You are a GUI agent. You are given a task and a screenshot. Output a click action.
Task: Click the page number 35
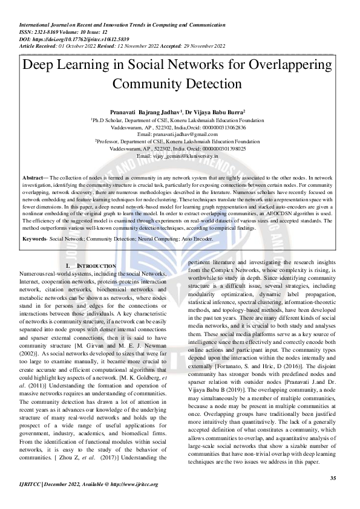coord(332,478)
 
